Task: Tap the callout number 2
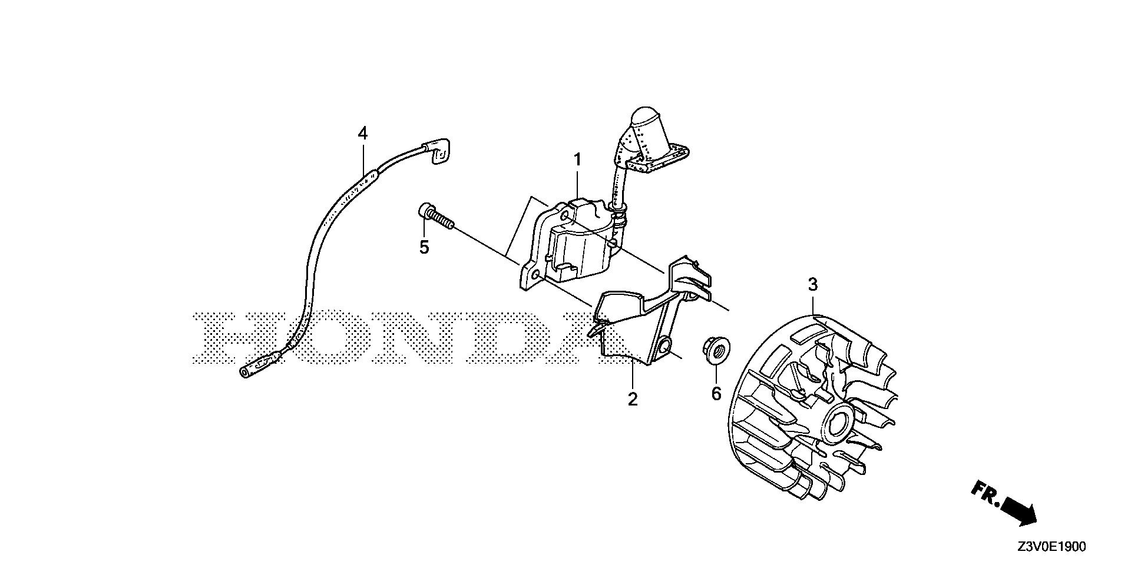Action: click(633, 399)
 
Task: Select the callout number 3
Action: click(813, 285)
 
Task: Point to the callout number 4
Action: click(363, 134)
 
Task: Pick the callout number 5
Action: click(424, 247)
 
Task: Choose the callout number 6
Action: click(716, 393)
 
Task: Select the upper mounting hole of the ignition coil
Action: click(565, 217)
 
